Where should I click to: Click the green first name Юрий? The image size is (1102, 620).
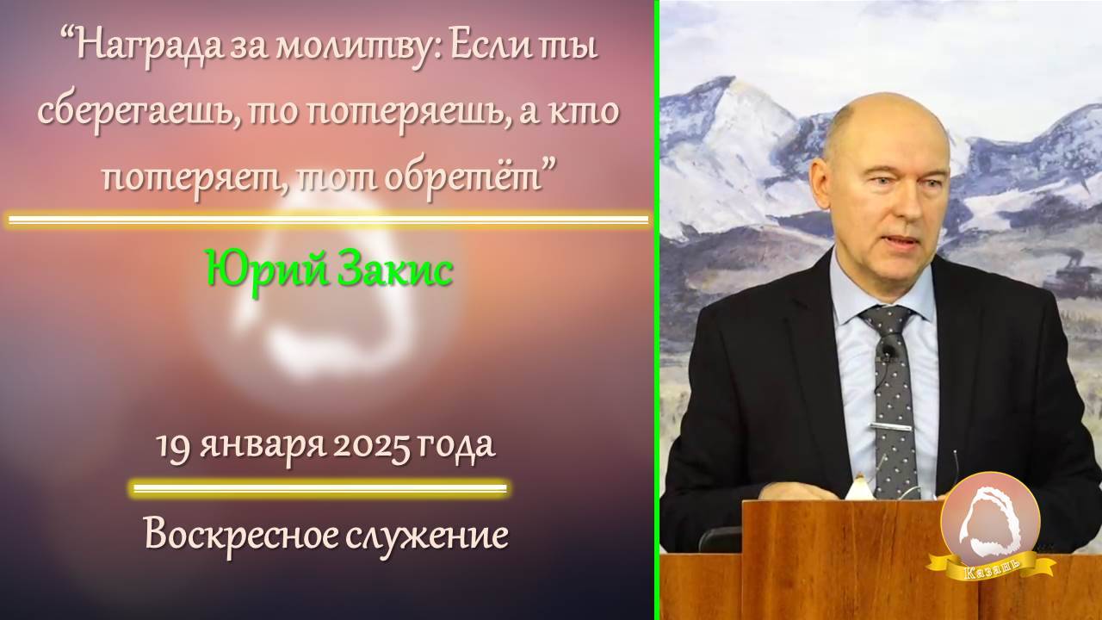tap(253, 270)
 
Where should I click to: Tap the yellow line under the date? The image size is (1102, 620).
tap(319, 489)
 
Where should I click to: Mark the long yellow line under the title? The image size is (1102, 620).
tap(328, 220)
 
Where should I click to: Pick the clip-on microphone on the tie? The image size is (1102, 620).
tap(887, 349)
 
